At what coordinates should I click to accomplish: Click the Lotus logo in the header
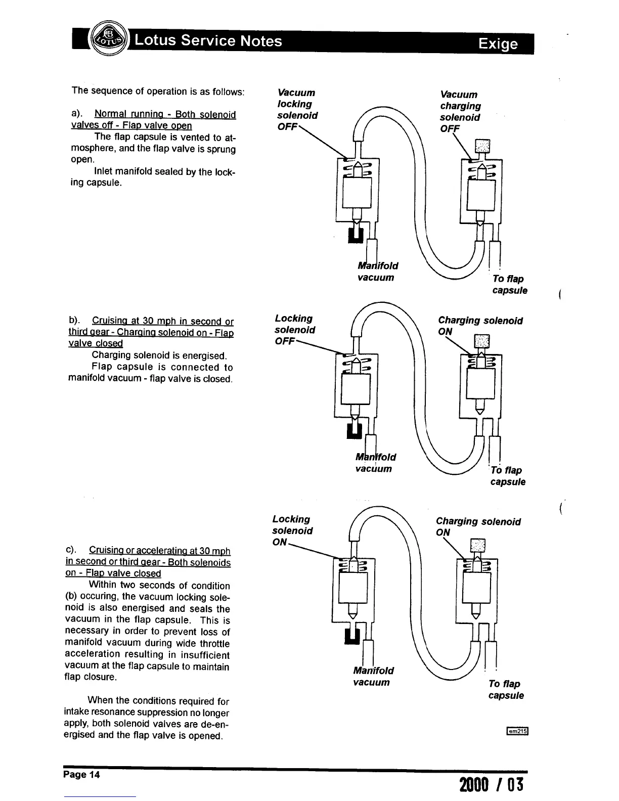click(107, 39)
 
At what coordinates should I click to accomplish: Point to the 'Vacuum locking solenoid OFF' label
click(297, 110)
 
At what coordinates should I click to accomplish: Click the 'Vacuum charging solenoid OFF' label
click(460, 111)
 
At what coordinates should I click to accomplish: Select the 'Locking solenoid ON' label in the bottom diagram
click(292, 530)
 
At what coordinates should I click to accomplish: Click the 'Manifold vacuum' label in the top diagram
click(377, 272)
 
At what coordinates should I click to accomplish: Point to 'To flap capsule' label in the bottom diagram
click(506, 689)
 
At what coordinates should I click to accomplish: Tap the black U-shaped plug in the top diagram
click(356, 235)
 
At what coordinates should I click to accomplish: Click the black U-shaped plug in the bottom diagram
click(351, 635)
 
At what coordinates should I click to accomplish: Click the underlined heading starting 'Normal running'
click(153, 120)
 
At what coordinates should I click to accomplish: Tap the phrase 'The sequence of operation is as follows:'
click(158, 91)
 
